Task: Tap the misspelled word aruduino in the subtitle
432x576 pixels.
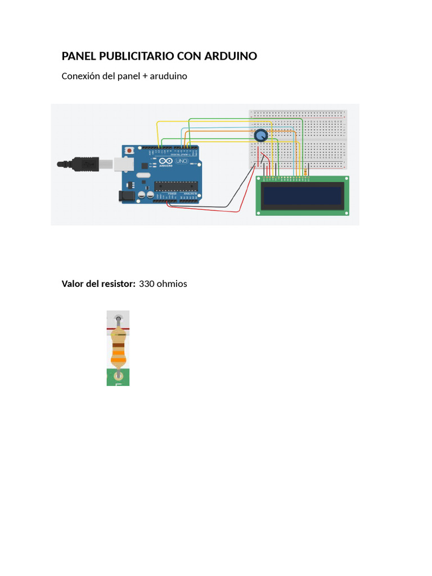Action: point(168,76)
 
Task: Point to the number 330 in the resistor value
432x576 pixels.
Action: point(146,283)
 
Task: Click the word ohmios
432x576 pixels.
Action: point(172,283)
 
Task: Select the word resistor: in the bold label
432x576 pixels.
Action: point(116,283)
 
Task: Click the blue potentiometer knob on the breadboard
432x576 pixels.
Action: point(260,136)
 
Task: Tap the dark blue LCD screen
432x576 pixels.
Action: point(303,196)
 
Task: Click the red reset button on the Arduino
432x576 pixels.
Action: point(130,151)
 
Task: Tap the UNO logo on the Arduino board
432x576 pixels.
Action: point(182,161)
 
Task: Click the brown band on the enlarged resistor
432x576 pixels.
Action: point(118,345)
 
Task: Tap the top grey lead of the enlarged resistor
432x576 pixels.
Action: point(118,322)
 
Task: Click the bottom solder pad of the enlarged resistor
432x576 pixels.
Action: point(118,376)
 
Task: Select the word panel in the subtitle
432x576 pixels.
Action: point(129,76)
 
